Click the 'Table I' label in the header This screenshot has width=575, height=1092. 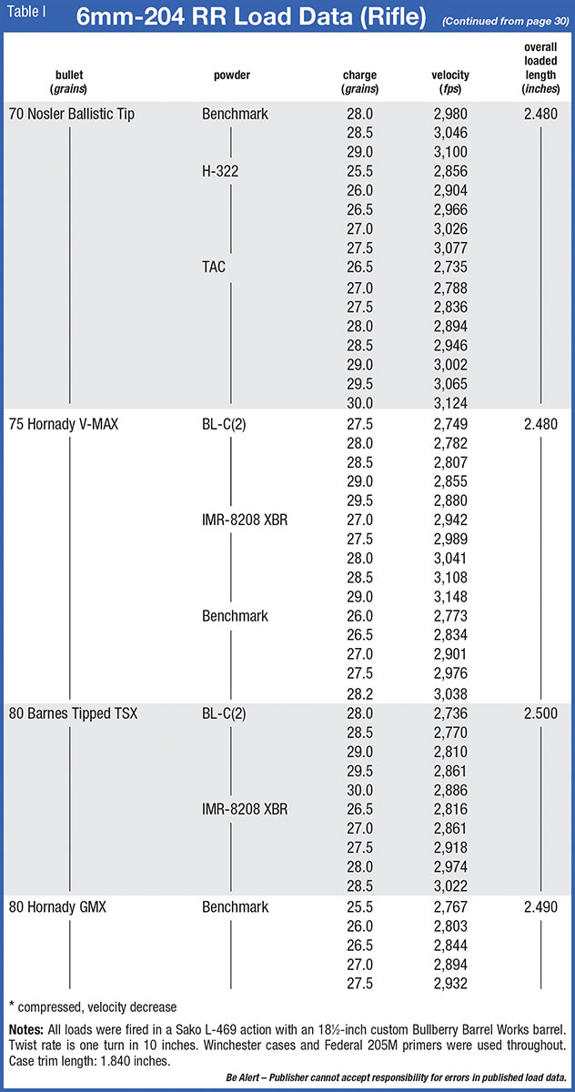[26, 15]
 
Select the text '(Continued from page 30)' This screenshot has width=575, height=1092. [506, 21]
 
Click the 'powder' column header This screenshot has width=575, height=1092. [232, 76]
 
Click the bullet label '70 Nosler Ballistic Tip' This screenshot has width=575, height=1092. [71, 115]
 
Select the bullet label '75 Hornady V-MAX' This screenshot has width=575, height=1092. [63, 424]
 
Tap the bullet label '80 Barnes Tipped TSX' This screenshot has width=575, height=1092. [73, 713]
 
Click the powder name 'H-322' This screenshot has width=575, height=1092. [223, 169]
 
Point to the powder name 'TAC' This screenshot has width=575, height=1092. [215, 267]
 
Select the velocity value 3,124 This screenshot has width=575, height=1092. [453, 402]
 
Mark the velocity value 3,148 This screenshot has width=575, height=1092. [453, 597]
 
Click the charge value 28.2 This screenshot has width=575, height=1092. [360, 693]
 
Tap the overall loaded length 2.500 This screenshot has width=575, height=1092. [540, 713]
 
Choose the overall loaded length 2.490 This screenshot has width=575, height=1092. [540, 906]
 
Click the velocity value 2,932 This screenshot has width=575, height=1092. [453, 984]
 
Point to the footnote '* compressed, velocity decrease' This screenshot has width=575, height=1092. [93, 1006]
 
